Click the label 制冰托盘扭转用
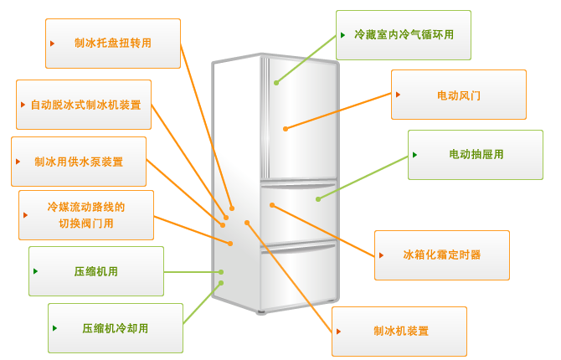click(x=113, y=44)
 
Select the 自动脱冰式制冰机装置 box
click(x=84, y=105)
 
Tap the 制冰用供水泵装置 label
click(x=79, y=162)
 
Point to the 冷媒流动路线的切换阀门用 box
click(x=86, y=215)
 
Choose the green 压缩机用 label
click(x=96, y=271)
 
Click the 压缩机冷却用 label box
click(x=116, y=328)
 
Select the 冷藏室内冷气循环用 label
click(x=404, y=35)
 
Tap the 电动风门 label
click(x=459, y=95)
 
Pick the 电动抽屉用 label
click(x=476, y=155)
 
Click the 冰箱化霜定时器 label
click(x=442, y=255)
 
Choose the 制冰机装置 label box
click(x=399, y=332)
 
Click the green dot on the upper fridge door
click(x=276, y=83)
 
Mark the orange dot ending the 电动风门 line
click(x=286, y=129)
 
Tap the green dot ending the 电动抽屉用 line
click(x=318, y=199)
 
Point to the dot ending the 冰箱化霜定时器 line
click(x=272, y=205)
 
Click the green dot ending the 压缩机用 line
click(x=221, y=272)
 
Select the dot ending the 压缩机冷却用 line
click(x=221, y=283)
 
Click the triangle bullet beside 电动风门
click(x=398, y=95)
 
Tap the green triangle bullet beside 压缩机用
click(x=35, y=271)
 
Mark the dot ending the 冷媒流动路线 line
click(x=230, y=244)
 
